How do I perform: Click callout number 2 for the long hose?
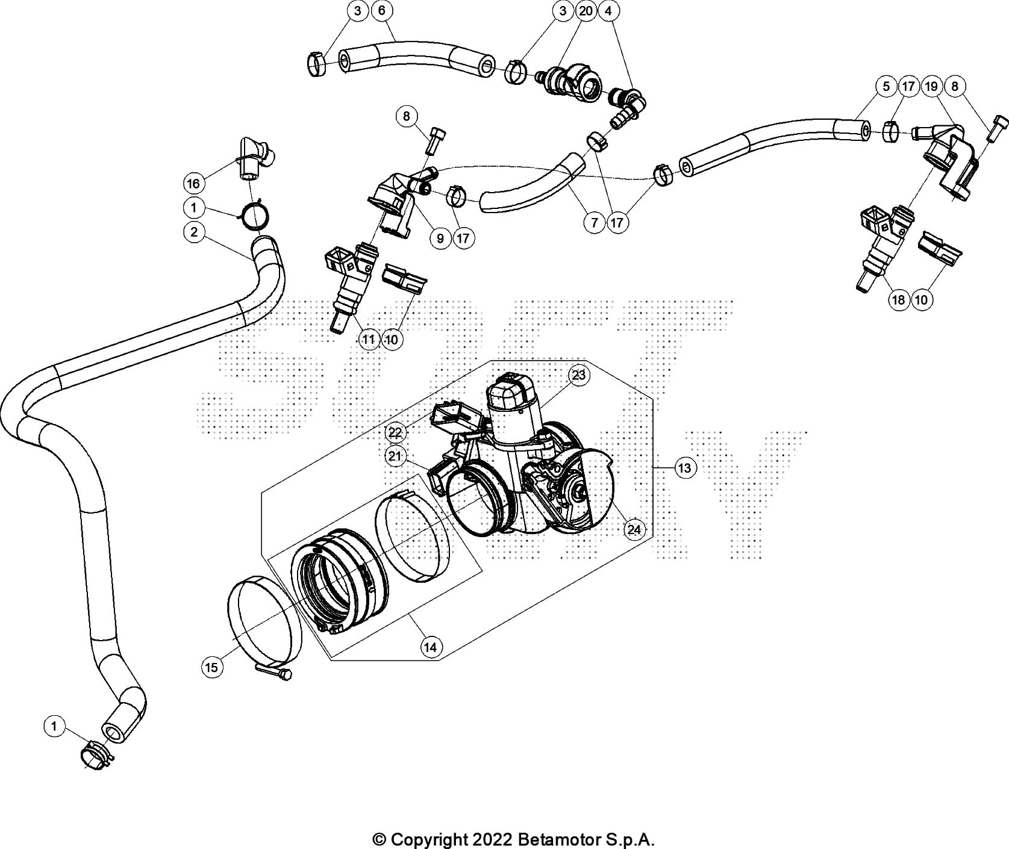pos(193,232)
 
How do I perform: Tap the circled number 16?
pos(193,182)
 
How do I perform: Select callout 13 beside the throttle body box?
pos(686,467)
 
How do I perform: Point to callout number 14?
pos(430,647)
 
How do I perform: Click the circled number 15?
pos(212,667)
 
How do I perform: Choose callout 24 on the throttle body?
pos(634,529)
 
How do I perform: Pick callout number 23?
pos(578,375)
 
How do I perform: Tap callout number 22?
pos(395,432)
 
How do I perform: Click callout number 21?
pos(395,456)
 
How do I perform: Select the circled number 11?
pos(369,340)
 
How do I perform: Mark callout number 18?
pos(898,300)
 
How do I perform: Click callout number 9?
pos(440,238)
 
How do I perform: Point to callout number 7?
pos(595,223)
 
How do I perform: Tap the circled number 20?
pos(585,11)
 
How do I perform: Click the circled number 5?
pos(886,86)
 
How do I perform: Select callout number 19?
pos(931,86)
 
